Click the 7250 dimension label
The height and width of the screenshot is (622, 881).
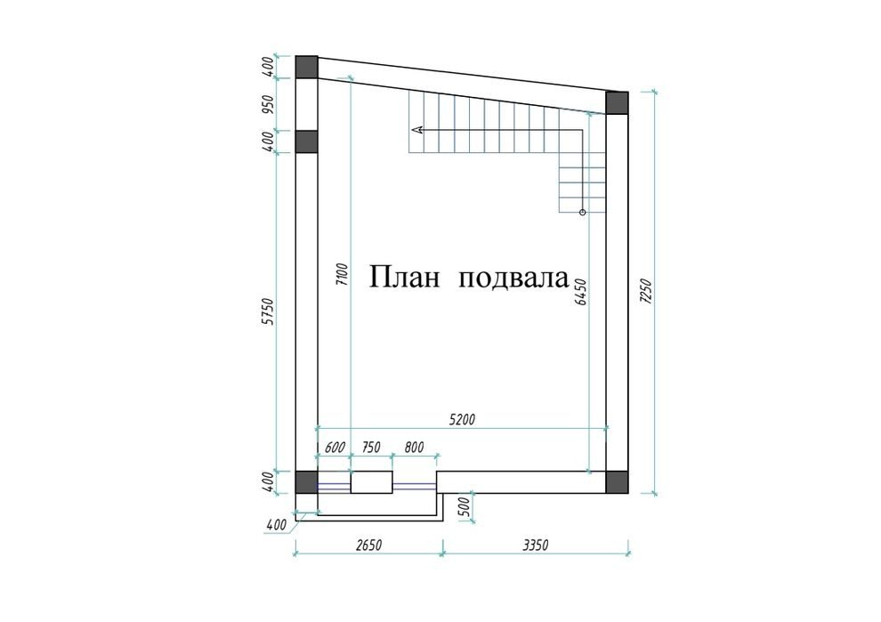click(646, 292)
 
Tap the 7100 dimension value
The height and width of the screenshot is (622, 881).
click(343, 274)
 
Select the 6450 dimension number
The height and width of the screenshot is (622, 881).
click(580, 292)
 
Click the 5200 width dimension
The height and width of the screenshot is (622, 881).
click(463, 419)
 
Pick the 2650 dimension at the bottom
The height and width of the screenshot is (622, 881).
click(369, 545)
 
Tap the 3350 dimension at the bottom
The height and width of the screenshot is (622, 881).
click(535, 545)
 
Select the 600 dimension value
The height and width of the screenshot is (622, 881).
click(335, 448)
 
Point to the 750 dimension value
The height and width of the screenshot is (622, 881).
click(371, 448)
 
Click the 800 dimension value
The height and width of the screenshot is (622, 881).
click(414, 448)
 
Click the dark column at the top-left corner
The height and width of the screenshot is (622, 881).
click(307, 68)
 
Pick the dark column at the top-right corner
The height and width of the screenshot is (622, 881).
click(617, 103)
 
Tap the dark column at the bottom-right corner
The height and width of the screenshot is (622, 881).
click(617, 482)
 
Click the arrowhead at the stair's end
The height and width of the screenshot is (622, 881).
click(417, 130)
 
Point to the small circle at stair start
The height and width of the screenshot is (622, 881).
click(583, 213)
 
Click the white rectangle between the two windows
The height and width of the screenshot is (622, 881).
click(371, 482)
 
